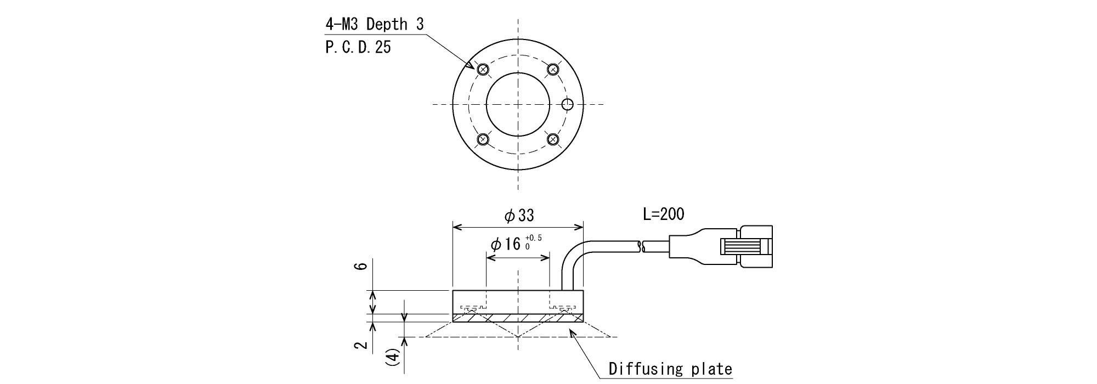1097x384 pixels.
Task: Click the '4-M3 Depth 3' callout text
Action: tap(374, 24)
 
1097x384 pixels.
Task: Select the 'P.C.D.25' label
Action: tap(358, 47)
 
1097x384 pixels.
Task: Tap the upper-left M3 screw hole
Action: tap(483, 69)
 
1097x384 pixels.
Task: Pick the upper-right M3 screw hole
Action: tap(553, 69)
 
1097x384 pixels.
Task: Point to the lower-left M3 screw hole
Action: tap(483, 139)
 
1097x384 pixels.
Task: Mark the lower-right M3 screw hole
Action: tap(553, 139)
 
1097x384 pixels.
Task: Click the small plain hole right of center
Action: tap(568, 104)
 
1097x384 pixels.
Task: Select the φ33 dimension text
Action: tap(519, 216)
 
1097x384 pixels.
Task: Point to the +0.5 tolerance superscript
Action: tap(534, 238)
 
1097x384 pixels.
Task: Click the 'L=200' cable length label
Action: tap(664, 214)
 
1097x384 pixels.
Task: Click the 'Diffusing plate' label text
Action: tap(670, 369)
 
